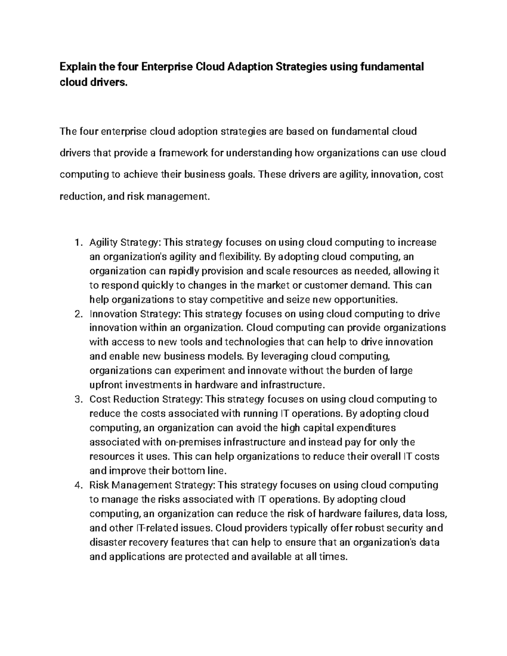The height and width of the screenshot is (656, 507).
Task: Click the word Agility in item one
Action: click(104, 242)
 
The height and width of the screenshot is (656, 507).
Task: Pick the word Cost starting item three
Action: click(100, 399)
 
